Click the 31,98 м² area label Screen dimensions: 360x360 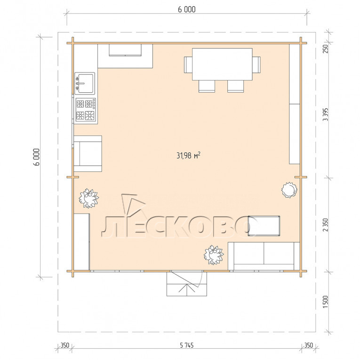pyautogui.click(x=188, y=155)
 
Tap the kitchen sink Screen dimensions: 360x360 pyautogui.click(x=85, y=83)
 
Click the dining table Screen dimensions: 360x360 pyautogui.click(x=222, y=64)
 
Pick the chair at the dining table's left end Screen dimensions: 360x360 pyautogui.click(x=188, y=65)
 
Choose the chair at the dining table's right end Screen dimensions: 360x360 pyautogui.click(x=256, y=64)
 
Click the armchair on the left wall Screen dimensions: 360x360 pyautogui.click(x=88, y=153)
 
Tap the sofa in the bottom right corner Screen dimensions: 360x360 pyautogui.click(x=264, y=256)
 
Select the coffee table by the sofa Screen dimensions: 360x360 pyautogui.click(x=264, y=226)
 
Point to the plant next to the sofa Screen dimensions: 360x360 pyautogui.click(x=214, y=255)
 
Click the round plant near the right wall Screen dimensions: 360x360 pyautogui.click(x=289, y=190)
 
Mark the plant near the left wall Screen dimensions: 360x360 pyautogui.click(x=88, y=199)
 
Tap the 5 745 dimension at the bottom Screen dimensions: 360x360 pyautogui.click(x=187, y=345)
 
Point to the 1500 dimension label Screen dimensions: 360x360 pyautogui.click(x=325, y=302)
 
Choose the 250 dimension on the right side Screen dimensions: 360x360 pyautogui.click(x=325, y=48)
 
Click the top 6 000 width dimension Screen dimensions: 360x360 pyautogui.click(x=187, y=9)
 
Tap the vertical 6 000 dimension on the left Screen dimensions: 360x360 pyautogui.click(x=37, y=157)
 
